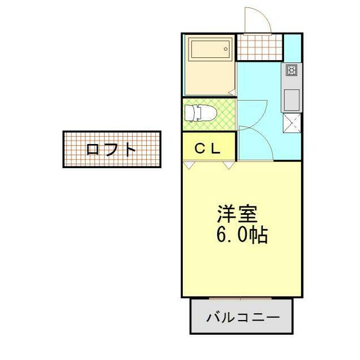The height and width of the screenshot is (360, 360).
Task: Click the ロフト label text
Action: pyautogui.click(x=111, y=150)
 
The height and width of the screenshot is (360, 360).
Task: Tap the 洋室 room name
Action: pyautogui.click(x=237, y=214)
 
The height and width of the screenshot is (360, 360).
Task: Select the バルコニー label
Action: pyautogui.click(x=242, y=317)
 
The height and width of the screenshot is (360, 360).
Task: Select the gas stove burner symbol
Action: pyautogui.click(x=292, y=71)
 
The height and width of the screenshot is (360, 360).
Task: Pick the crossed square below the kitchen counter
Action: pyautogui.click(x=292, y=122)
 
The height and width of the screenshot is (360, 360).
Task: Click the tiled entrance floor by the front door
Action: pyautogui.click(x=259, y=47)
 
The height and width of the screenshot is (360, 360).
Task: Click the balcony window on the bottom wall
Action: pyautogui.click(x=240, y=298)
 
